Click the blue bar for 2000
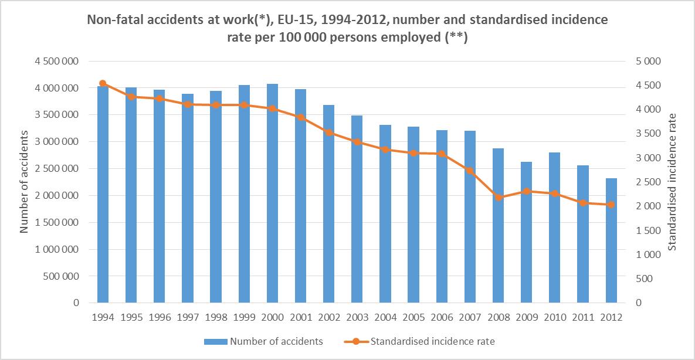272,193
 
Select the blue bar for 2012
611,240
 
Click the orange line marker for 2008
498,198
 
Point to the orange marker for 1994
103,83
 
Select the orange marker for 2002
328,133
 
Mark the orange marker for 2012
611,205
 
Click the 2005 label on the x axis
413,317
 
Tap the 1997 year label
188,317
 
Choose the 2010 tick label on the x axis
554,317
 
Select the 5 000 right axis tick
648,62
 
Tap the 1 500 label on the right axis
648,230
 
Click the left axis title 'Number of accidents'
25,182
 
